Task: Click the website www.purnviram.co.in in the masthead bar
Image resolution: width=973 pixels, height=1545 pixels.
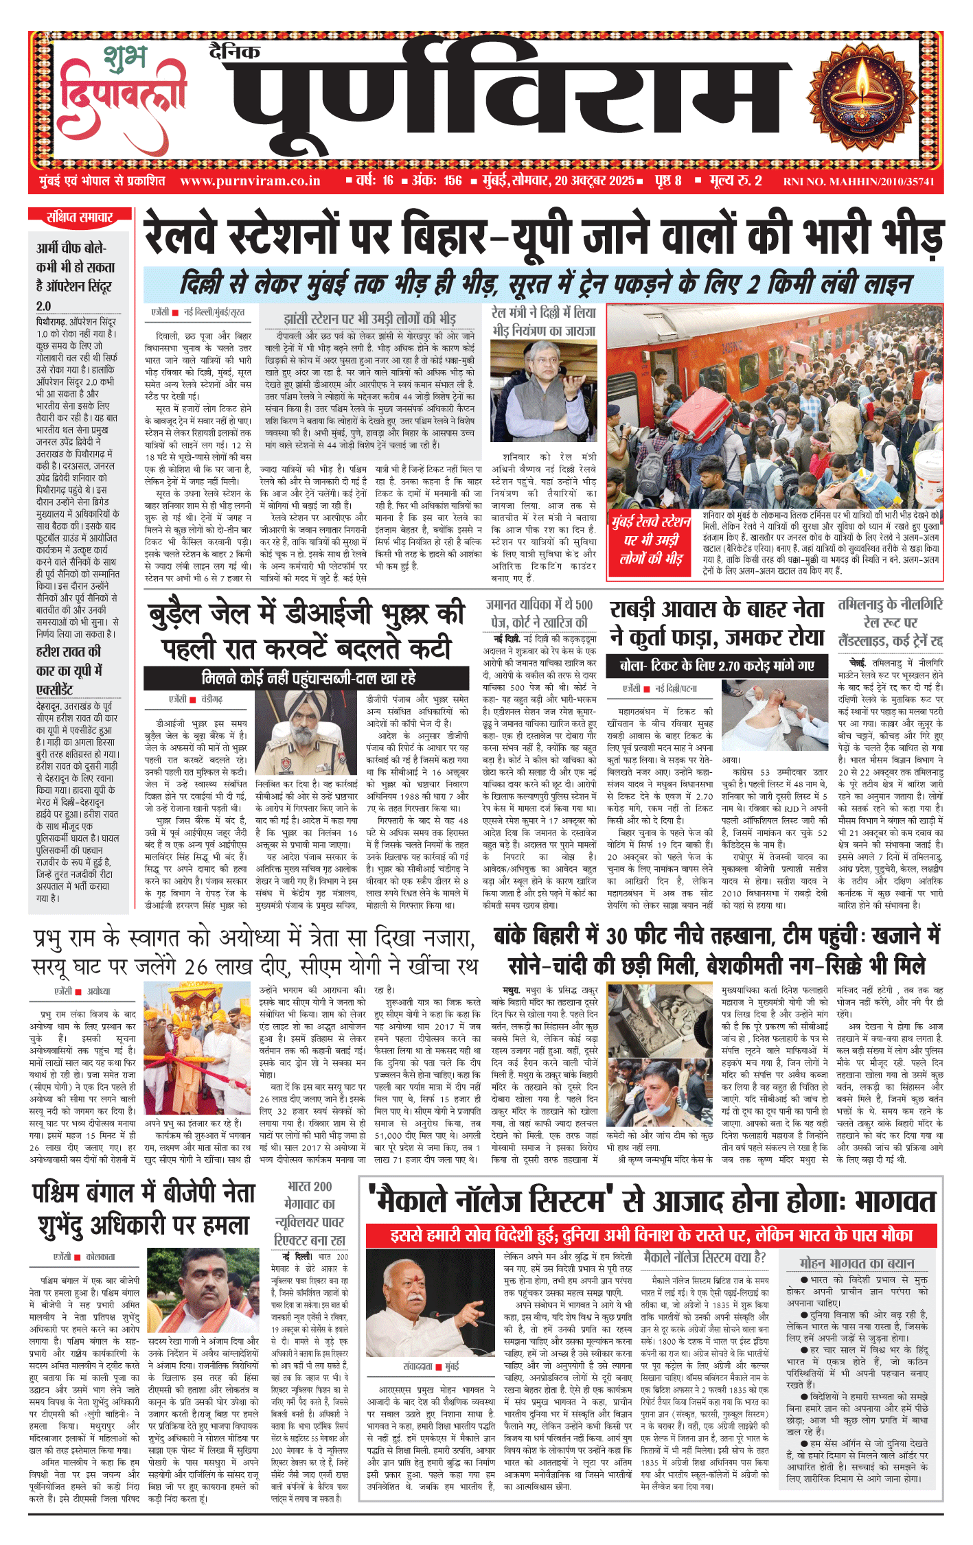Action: [x=250, y=181]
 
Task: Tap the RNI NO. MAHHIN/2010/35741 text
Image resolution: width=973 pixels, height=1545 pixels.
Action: [x=858, y=182]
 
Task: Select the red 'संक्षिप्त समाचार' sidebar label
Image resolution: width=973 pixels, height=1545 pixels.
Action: [x=80, y=218]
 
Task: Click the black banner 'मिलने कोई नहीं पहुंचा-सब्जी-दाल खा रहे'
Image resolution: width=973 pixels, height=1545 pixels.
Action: [x=308, y=678]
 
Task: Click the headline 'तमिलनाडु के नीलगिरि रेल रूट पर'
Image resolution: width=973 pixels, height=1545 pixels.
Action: [x=890, y=621]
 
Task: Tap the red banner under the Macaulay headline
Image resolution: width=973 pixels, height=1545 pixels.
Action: [x=651, y=1235]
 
